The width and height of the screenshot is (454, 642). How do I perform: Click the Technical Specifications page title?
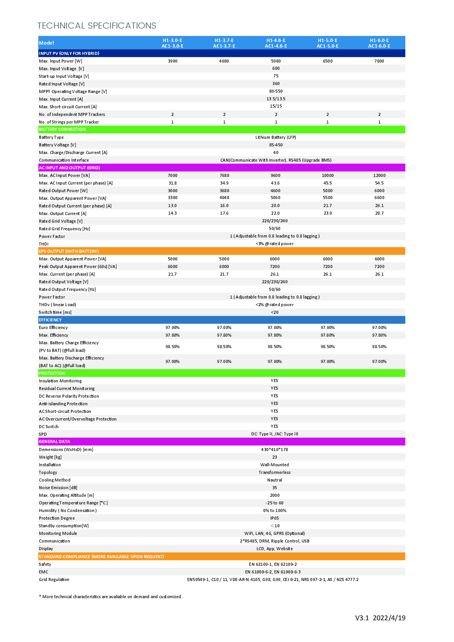pyautogui.click(x=97, y=26)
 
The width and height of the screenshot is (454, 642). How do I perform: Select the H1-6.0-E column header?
pyautogui.click(x=379, y=43)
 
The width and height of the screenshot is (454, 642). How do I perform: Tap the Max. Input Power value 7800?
pyautogui.click(x=379, y=61)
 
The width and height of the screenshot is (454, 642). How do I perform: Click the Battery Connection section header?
pyautogui.click(x=63, y=130)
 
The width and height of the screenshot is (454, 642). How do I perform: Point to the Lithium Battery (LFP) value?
pyautogui.click(x=276, y=137)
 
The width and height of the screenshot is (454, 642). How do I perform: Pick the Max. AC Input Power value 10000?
pyautogui.click(x=327, y=175)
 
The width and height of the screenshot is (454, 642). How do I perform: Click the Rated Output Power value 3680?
pyautogui.click(x=224, y=191)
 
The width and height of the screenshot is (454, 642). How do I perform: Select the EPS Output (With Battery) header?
pyautogui.click(x=69, y=251)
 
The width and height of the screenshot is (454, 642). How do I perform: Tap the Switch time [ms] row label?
pyautogui.click(x=55, y=312)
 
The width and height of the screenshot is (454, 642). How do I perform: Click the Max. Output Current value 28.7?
pyautogui.click(x=379, y=213)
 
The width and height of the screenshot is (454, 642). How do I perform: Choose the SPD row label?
pyautogui.click(x=43, y=434)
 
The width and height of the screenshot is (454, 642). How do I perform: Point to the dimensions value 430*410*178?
pyautogui.click(x=274, y=449)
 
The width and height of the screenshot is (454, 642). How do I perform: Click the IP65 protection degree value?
pyautogui.click(x=274, y=518)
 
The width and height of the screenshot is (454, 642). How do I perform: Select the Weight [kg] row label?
pyautogui.click(x=50, y=457)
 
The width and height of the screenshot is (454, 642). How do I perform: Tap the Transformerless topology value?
pyautogui.click(x=274, y=472)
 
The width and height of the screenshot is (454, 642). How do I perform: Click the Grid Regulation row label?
pyautogui.click(x=54, y=579)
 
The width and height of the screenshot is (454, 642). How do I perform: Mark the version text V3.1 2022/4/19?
pyautogui.click(x=380, y=618)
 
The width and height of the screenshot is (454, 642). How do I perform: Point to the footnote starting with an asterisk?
pyautogui.click(x=111, y=597)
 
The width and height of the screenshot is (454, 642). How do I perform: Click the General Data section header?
pyautogui.click(x=55, y=441)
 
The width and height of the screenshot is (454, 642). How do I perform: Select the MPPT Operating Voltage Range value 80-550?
pyautogui.click(x=276, y=91)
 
